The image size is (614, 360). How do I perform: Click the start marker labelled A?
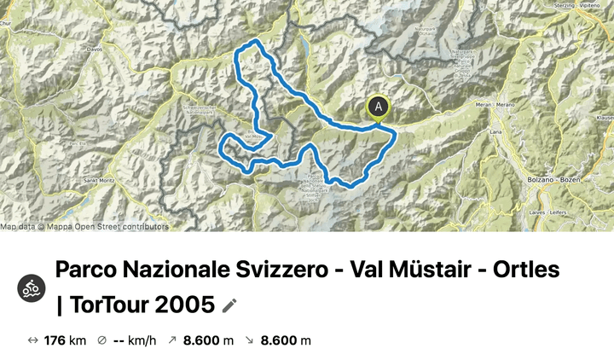coord(379,107)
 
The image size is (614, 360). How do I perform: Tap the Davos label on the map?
coord(94,49)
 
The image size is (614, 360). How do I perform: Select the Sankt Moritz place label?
coord(85,181)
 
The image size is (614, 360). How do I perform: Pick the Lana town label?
coord(495,133)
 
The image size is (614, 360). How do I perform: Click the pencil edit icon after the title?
coord(229,305)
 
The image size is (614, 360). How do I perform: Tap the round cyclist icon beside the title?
coord(32,287)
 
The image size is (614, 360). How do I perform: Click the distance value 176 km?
coord(67,341)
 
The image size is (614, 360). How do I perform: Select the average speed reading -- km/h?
coord(135,341)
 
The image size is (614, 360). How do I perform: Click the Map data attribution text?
coord(84,227)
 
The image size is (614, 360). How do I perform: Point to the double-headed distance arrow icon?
coord(33,341)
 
